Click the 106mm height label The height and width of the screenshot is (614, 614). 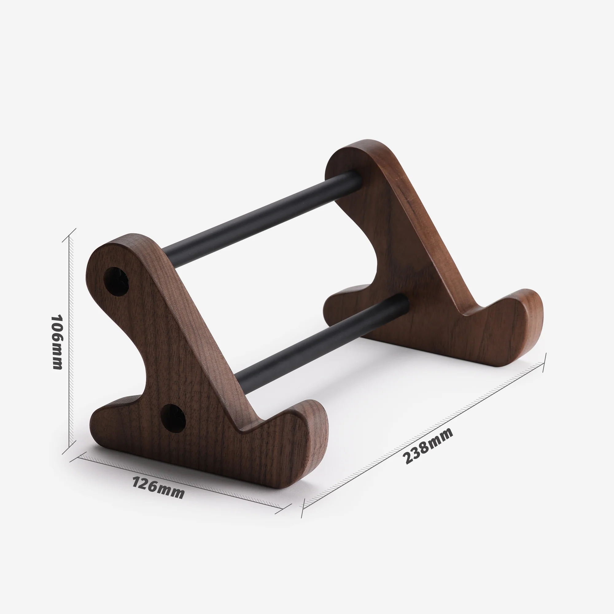click(x=57, y=342)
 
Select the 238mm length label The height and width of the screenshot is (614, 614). click(x=427, y=445)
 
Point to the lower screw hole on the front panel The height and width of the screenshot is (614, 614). click(x=173, y=418)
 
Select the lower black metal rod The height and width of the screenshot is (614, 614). click(x=321, y=345)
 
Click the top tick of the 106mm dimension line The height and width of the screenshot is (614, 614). click(x=69, y=235)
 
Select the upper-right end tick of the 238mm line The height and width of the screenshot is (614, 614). click(x=544, y=363)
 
